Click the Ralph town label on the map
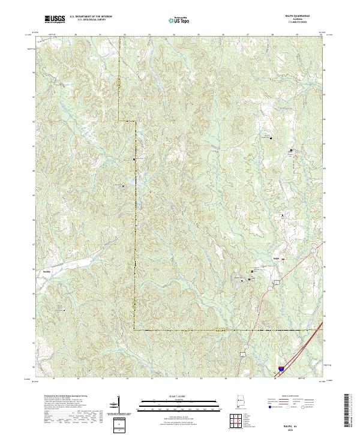(277, 259)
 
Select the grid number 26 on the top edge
(223, 35)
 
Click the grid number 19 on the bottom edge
(54, 379)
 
